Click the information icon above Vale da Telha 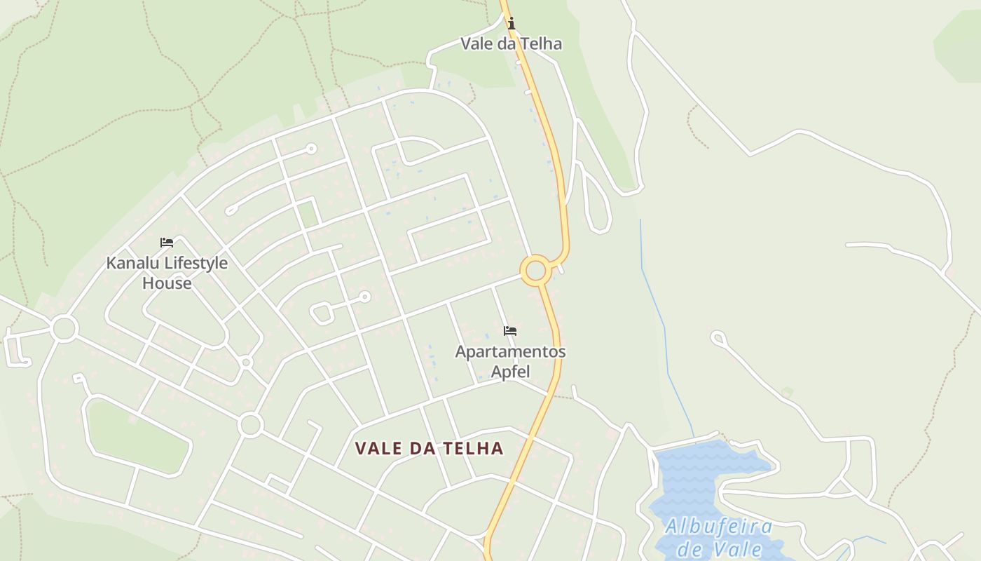point(511,23)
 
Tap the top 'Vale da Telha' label point(511,43)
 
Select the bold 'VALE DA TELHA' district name point(429,448)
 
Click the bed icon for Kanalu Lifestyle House point(167,243)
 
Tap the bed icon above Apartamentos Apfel point(510,331)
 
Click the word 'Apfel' point(510,371)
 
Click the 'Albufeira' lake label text point(719,526)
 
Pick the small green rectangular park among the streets point(308,212)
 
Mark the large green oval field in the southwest point(137,435)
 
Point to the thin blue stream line point(655,302)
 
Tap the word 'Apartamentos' point(510,351)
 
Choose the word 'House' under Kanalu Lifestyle point(167,283)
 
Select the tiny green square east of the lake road point(788,393)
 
